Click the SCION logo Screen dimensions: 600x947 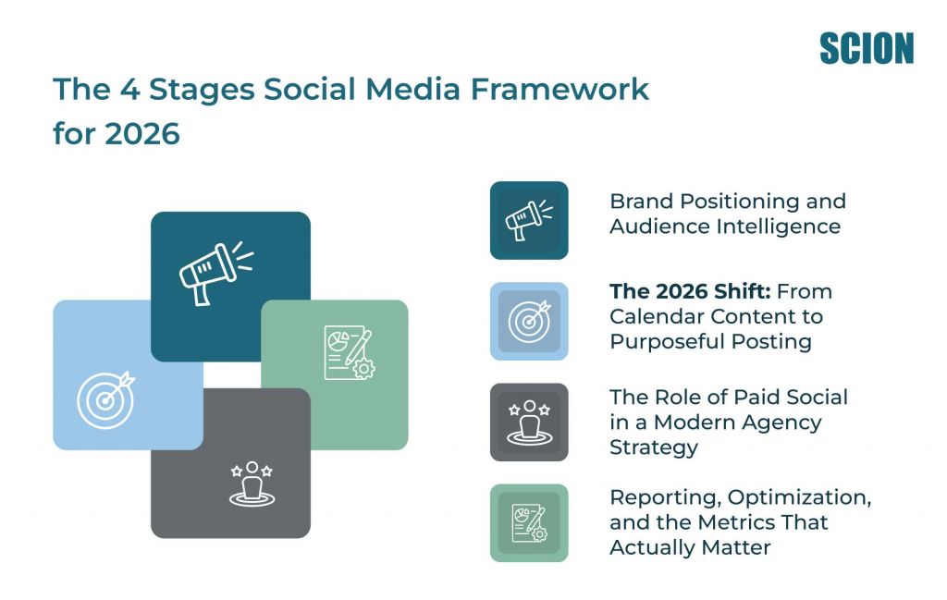pyautogui.click(x=866, y=48)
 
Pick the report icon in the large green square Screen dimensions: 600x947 pyautogui.click(x=349, y=352)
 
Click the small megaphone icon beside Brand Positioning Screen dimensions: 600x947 pyautogui.click(x=528, y=220)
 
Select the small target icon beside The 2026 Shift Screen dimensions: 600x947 pyautogui.click(x=528, y=321)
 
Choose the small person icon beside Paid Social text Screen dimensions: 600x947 pyautogui.click(x=528, y=422)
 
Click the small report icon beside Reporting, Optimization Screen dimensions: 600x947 pyautogui.click(x=528, y=523)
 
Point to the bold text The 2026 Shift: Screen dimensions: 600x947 pyautogui.click(x=676, y=292)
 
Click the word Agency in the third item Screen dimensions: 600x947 pyautogui.click(x=778, y=422)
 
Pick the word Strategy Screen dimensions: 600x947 pyautogui.click(x=653, y=447)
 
